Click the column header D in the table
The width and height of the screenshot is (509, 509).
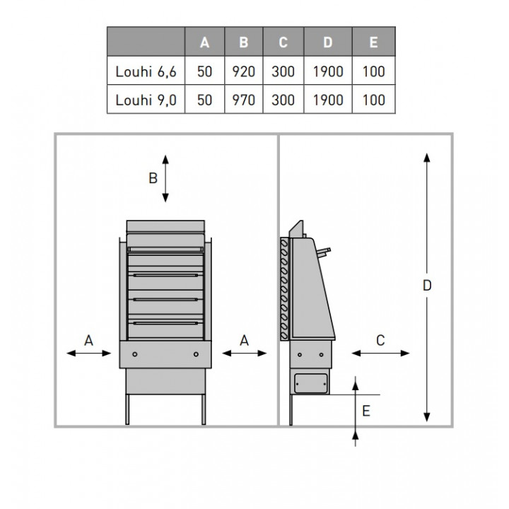[328, 42]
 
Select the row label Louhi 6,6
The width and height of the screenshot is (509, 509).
[146, 71]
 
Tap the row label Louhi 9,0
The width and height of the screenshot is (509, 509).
[146, 100]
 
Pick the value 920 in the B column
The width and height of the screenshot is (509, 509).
[243, 71]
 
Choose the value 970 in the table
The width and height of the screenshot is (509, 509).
[243, 100]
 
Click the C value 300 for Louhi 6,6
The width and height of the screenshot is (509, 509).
[283, 71]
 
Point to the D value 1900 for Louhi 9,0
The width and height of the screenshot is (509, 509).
[328, 100]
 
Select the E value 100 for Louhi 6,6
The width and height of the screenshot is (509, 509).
[374, 71]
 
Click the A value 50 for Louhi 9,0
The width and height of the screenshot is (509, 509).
[204, 100]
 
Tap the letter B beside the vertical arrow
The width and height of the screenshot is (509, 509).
[153, 178]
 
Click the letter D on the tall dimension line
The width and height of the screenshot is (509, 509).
[427, 286]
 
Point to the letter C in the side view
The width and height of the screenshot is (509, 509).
[380, 341]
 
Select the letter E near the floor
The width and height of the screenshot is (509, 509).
[366, 411]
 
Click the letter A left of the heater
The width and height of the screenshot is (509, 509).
[88, 341]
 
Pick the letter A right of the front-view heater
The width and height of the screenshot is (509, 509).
[244, 341]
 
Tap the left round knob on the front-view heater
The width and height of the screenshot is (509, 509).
[135, 354]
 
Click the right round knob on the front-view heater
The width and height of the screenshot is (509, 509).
[196, 354]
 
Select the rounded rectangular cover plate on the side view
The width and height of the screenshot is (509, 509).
[310, 383]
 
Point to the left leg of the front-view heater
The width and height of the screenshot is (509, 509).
[127, 409]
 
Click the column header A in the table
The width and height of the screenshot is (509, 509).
[204, 42]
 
